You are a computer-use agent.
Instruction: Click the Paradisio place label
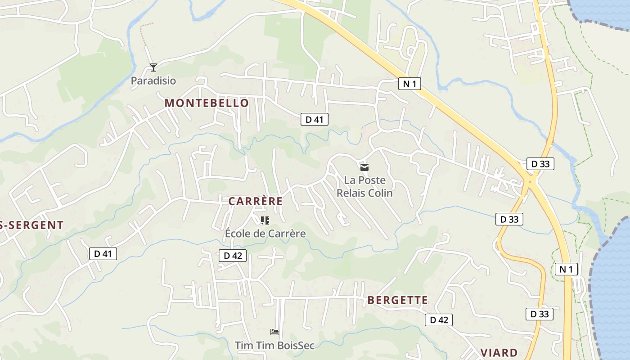tap(153, 81)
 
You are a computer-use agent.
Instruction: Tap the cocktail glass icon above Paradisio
tap(153, 67)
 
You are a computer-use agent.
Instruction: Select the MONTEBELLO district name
tap(207, 103)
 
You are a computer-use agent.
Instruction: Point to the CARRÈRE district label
tap(256, 201)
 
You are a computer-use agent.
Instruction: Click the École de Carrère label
tap(265, 234)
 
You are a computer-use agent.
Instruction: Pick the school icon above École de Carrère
tap(265, 220)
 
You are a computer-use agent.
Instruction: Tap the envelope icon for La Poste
tap(364, 167)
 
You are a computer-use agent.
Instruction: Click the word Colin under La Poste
tap(380, 193)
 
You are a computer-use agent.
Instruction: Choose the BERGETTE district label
tap(398, 300)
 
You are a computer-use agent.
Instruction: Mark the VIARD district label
tap(499, 352)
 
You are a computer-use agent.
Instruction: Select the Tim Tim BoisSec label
tap(274, 345)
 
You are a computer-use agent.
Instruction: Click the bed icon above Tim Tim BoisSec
tap(274, 332)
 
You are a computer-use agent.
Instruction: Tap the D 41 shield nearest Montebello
tap(315, 119)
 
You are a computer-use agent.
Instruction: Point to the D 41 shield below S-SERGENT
tap(103, 254)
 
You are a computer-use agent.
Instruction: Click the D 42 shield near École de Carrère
tap(233, 256)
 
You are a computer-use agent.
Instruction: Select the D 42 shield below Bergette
tap(439, 320)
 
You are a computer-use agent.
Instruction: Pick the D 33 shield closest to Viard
tap(540, 314)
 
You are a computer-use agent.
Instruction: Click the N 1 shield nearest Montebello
tap(409, 83)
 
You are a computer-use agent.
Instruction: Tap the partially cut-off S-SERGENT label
tap(31, 225)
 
